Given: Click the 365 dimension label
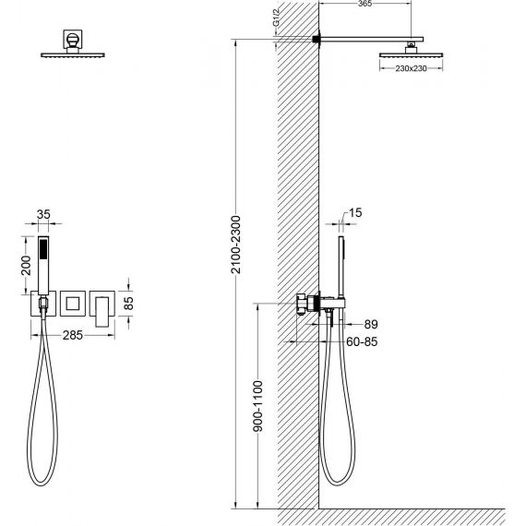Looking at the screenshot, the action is pos(365,4).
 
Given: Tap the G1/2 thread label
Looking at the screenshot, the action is pos(276,19).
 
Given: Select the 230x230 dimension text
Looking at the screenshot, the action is pos(411,68).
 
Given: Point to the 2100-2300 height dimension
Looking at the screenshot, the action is pos(236,245).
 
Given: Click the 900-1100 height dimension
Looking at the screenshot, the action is pos(258,406).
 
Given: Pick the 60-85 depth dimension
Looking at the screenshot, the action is pos(362,341).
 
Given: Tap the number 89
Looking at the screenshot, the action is pos(371,325).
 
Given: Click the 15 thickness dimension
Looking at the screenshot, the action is pos(355,212).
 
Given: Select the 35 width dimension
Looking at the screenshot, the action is pos(43,214).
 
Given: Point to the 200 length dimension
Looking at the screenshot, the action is pos(26,266).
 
